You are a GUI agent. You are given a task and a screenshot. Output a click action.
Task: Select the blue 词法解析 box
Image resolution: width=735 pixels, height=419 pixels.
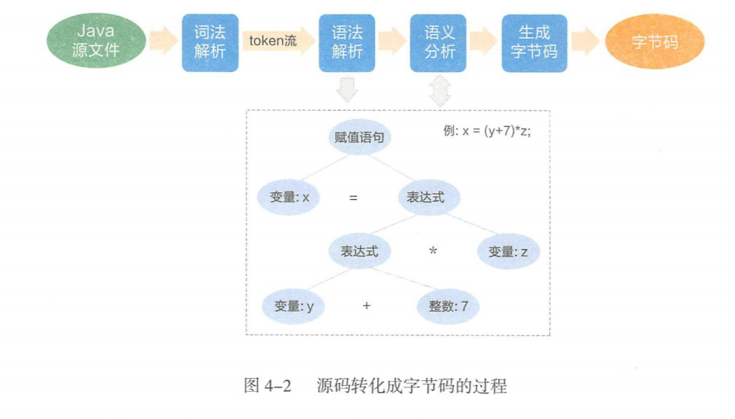pos(210,43)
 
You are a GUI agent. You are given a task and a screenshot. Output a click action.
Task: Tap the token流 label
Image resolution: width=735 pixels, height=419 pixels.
pos(273,40)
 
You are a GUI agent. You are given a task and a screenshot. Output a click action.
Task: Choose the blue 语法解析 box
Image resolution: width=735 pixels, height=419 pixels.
pos(347,43)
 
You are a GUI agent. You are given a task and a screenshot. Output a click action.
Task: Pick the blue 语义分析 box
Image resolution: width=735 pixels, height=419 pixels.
pos(438,43)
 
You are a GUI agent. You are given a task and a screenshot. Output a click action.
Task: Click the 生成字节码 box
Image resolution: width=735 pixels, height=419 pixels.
pos(534,43)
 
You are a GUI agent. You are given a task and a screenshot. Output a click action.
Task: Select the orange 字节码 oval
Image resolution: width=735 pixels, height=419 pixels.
pos(654,42)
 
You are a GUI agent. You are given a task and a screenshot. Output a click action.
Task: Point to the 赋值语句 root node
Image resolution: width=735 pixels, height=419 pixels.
pos(359,138)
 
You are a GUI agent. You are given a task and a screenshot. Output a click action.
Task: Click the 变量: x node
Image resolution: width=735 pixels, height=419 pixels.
pos(290,197)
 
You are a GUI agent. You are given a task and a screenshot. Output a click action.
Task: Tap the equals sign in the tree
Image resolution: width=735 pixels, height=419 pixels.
pos(353,197)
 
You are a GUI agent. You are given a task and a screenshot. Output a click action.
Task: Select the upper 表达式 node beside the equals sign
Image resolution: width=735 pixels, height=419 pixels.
pos(429,197)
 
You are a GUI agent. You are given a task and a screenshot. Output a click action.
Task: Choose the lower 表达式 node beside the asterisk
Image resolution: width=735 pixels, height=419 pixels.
pos(359,252)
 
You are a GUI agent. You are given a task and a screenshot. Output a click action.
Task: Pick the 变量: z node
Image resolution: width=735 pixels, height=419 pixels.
pos(507,252)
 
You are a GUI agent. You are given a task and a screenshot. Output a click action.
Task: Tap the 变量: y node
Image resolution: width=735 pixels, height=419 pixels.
pos(294,306)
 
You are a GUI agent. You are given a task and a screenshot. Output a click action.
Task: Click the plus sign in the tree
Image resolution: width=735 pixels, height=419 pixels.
pos(366,306)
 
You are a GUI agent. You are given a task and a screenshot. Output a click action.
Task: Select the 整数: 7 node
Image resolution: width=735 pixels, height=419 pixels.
pos(448,306)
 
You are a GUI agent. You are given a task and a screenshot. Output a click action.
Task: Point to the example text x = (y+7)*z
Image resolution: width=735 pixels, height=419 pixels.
pos(486,131)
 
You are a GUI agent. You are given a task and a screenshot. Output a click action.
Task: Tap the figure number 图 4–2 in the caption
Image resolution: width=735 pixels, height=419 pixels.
pos(266,386)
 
